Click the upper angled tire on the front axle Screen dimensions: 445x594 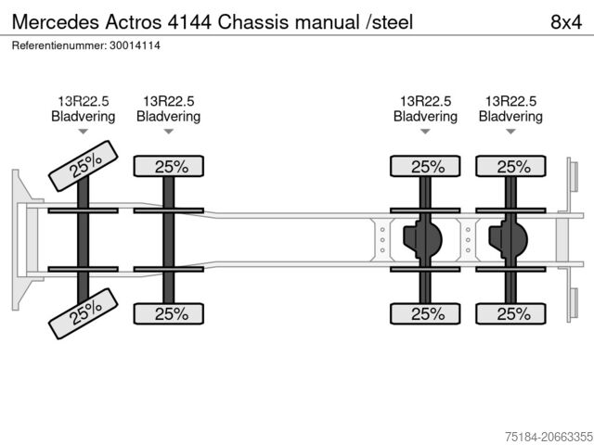click(x=83, y=166)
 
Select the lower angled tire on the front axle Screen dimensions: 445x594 click(x=83, y=313)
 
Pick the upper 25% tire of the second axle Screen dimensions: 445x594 click(x=169, y=167)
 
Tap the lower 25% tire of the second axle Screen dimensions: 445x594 click(x=169, y=313)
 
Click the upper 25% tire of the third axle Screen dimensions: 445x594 click(x=425, y=167)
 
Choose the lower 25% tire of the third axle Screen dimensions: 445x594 click(x=425, y=313)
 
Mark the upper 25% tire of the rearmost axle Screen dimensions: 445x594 click(x=510, y=167)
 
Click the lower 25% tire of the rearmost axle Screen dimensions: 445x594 click(x=510, y=313)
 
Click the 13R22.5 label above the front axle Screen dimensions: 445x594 click(x=83, y=101)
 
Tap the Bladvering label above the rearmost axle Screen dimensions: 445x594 click(x=510, y=117)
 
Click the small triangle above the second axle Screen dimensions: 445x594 click(x=169, y=133)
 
